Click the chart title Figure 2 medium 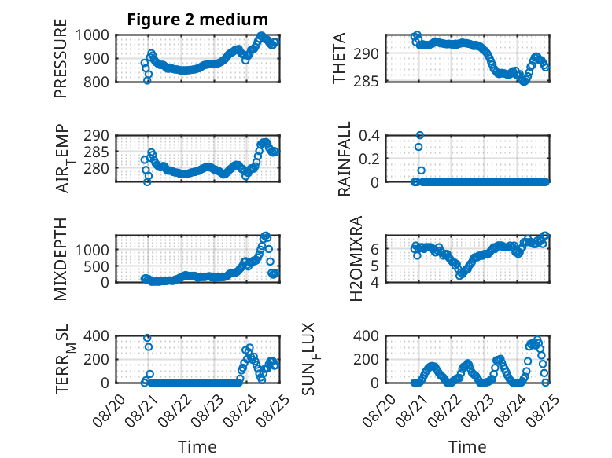click(x=197, y=20)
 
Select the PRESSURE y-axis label click(x=61, y=58)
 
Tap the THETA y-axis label click(x=339, y=58)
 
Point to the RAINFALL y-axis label click(x=345, y=159)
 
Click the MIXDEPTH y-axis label click(x=61, y=258)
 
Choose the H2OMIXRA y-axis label click(x=356, y=258)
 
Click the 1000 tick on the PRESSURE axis click(x=92, y=35)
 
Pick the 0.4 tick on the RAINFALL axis click(x=369, y=136)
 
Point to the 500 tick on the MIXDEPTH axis click(x=96, y=267)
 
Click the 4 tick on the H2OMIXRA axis click(x=374, y=282)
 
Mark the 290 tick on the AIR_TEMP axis click(x=96, y=136)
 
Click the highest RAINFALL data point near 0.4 click(x=420, y=135)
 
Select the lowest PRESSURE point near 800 click(x=147, y=81)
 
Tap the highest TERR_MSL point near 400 click(x=147, y=338)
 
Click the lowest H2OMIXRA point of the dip click(x=459, y=276)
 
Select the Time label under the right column click(x=467, y=447)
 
